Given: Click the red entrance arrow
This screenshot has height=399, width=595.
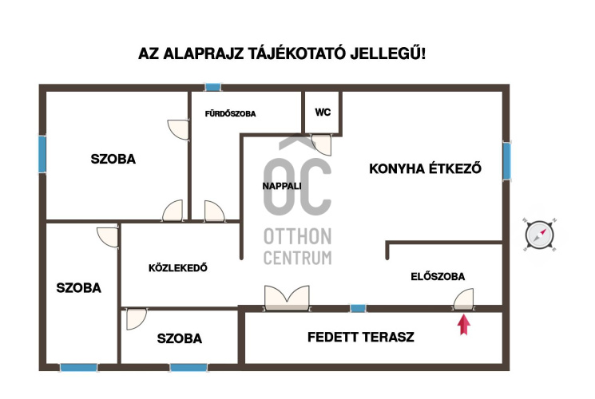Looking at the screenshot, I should tap(462, 326).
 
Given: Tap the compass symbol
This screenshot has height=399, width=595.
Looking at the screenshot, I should tap(540, 235).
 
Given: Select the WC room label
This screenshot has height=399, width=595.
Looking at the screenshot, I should tap(323, 113).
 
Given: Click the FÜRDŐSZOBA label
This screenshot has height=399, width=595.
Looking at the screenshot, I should tap(230, 114).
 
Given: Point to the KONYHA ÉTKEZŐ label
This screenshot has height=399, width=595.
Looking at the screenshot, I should tap(426, 168).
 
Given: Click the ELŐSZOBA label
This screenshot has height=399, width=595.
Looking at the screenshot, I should tap(438, 276).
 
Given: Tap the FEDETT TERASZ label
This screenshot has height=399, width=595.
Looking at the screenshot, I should tap(361, 337).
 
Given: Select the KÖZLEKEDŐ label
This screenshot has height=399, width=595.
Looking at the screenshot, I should tap(178, 268).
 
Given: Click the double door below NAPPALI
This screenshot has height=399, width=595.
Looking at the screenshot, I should tap(287, 297).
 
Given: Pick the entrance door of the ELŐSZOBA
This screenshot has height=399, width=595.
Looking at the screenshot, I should tap(463, 300).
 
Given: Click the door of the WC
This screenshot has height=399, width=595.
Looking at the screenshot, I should tap(322, 144).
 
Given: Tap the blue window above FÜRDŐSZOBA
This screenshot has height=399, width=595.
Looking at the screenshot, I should tap(212, 87).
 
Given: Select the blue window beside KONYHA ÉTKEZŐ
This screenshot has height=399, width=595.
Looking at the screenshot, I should tap(506, 160).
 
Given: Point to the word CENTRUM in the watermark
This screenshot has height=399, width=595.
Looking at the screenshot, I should tap(297, 258).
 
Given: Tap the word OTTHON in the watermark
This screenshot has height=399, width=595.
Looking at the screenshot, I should tap(297, 238).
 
